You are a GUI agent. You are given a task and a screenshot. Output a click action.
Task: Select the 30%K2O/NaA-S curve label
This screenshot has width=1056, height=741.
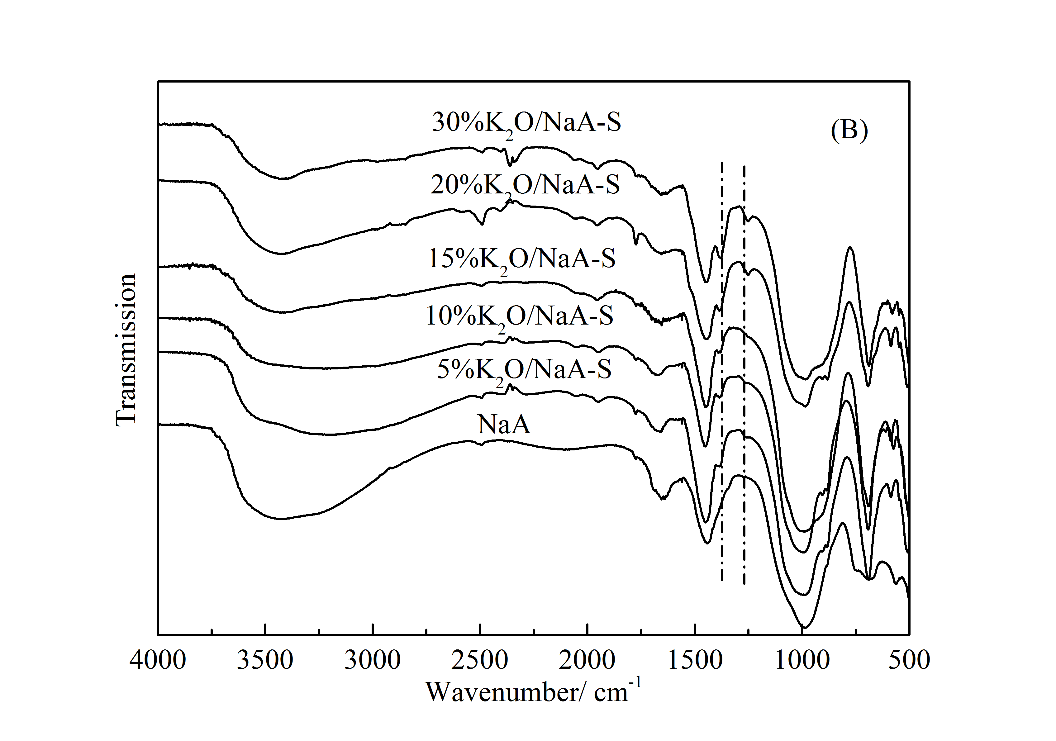click(527, 123)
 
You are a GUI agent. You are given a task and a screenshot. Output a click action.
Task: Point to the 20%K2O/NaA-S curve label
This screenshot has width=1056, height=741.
click(525, 185)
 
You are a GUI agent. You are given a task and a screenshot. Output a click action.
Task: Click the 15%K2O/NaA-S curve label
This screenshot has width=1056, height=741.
click(522, 259)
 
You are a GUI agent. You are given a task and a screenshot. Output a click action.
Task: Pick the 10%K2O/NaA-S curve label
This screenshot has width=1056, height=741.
click(520, 316)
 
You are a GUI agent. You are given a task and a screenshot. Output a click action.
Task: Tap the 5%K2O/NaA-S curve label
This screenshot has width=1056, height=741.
click(524, 369)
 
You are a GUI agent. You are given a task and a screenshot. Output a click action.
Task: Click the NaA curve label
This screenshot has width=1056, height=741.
click(504, 424)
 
